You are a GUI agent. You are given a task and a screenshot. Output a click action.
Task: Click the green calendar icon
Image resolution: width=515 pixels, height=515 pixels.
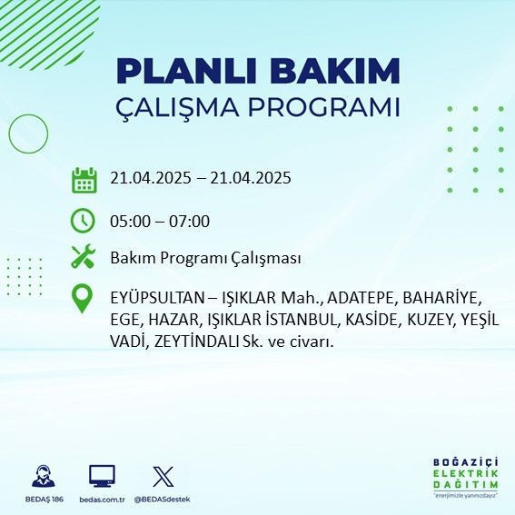click(84, 179)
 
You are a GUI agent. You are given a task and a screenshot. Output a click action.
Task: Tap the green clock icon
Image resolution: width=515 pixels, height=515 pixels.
click(84, 221)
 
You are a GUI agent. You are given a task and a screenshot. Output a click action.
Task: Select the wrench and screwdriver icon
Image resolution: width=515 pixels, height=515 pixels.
click(84, 258)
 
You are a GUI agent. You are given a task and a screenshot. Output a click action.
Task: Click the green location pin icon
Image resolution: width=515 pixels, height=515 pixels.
click(84, 299)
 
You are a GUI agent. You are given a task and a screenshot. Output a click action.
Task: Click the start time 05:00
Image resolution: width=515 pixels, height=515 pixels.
click(129, 222)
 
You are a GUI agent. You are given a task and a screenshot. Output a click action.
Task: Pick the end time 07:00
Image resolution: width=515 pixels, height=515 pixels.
click(190, 222)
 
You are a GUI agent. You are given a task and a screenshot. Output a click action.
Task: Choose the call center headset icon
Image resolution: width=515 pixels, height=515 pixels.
click(42, 476)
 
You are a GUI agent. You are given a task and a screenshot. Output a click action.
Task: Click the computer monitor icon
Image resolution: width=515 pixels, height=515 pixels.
click(102, 476)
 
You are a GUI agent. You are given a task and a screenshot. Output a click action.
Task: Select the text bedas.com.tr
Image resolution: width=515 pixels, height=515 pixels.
click(102, 500)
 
